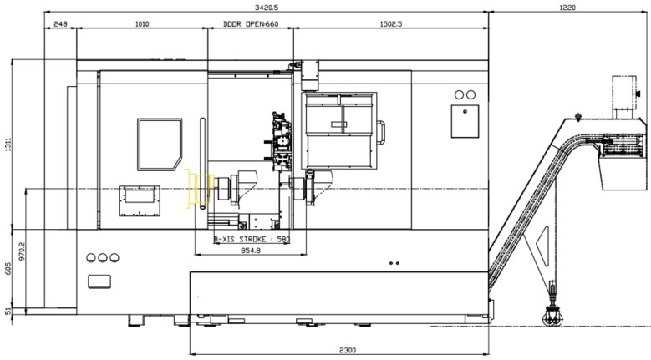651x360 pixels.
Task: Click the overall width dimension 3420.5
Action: (267, 7)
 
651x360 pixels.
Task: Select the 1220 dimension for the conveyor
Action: (567, 7)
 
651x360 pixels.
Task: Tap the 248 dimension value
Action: (61, 24)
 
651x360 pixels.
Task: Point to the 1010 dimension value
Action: (142, 24)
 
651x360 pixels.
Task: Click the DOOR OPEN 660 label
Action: (251, 24)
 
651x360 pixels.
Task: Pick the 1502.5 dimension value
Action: (391, 24)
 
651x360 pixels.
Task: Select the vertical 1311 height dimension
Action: (8, 144)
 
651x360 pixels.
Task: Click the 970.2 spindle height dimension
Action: (22, 251)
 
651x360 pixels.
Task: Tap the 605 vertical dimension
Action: (8, 268)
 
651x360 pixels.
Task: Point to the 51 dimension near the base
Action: (8, 311)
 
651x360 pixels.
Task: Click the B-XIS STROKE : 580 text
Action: (252, 240)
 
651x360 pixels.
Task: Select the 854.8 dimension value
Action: (251, 251)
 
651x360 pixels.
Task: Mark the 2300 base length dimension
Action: (348, 351)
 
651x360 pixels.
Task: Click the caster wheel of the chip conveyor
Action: (552, 319)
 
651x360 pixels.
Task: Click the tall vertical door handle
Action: (202, 164)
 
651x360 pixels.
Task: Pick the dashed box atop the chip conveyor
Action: (624, 92)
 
